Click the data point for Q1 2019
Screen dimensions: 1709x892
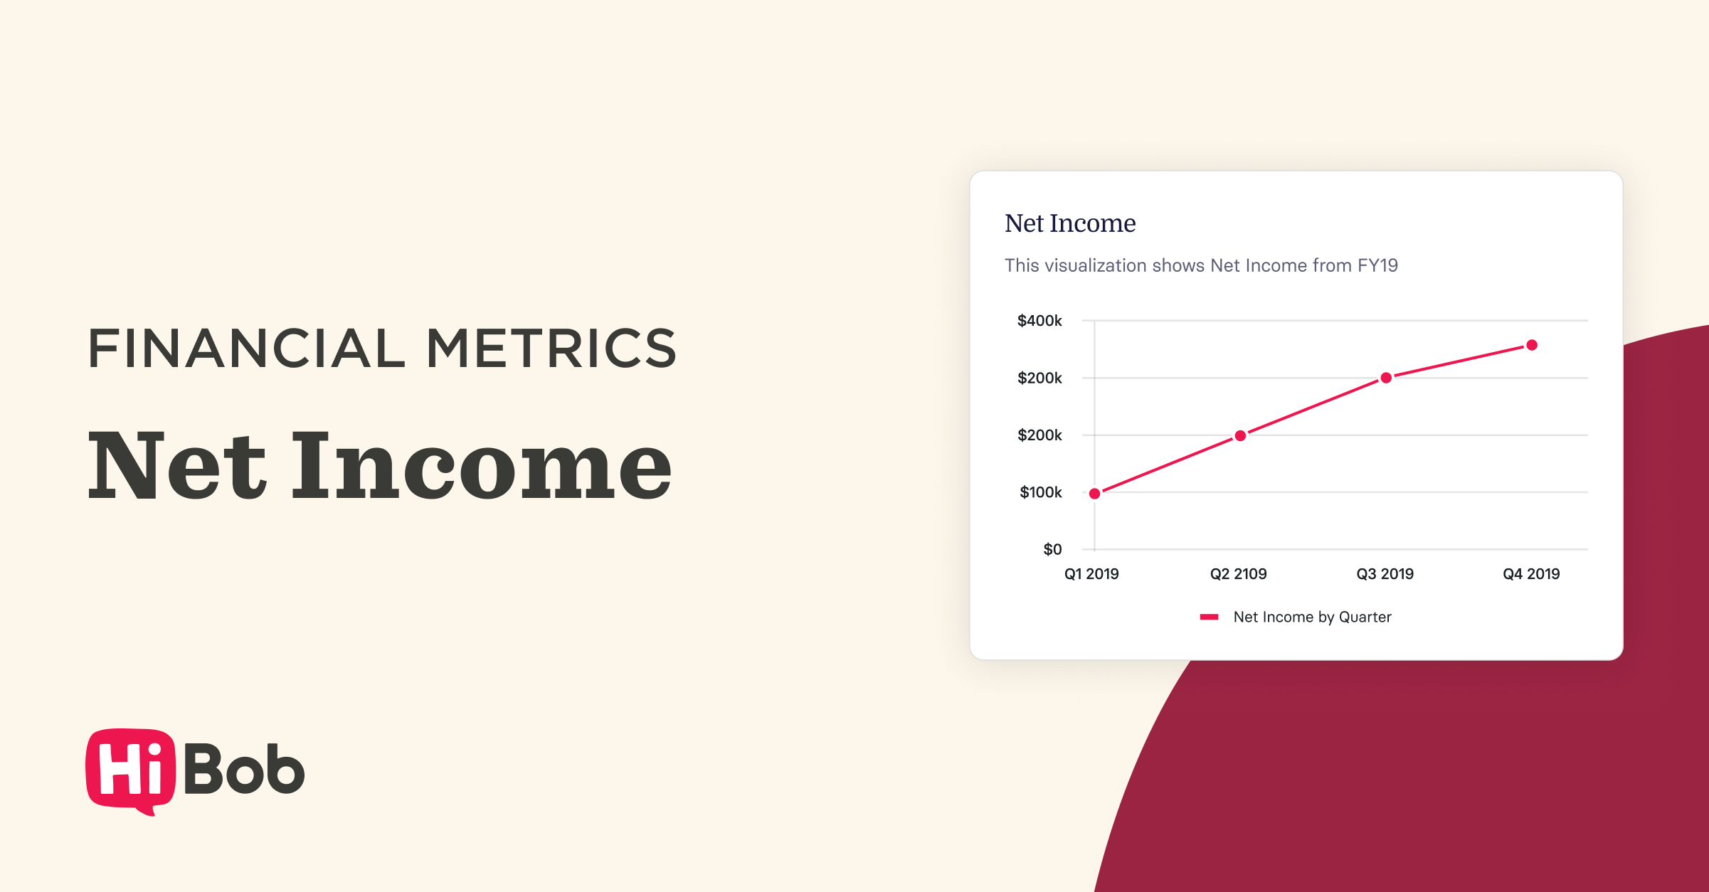[x=1095, y=494]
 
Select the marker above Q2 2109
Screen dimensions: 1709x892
[x=1240, y=435]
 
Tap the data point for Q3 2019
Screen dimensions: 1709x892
[x=1386, y=378]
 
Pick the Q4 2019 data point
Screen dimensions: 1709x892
[x=1532, y=345]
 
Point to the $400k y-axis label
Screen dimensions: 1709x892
[x=1039, y=321]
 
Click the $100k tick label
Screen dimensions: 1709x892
[x=1041, y=492]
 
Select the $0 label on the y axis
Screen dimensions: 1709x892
[x=1052, y=549]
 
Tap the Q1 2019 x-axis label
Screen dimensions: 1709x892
[x=1091, y=574]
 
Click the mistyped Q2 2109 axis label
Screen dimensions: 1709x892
[x=1239, y=574]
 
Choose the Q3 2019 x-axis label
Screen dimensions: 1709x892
[x=1385, y=574]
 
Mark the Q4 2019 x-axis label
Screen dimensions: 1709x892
[x=1531, y=574]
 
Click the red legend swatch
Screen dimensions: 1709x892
[x=1210, y=617]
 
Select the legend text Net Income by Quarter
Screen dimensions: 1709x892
[x=1313, y=617]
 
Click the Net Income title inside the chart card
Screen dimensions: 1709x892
[x=1070, y=223]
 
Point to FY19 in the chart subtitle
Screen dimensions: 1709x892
[x=1377, y=265]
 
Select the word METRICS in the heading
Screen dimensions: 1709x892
[x=551, y=349]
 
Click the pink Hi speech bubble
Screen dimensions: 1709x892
[x=130, y=771]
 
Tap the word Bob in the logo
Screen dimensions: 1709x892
[x=245, y=768]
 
